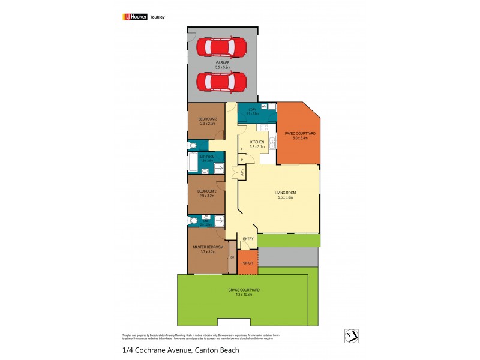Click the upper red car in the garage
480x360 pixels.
221,46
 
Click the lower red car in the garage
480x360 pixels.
221,80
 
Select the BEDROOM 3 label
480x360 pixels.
208,121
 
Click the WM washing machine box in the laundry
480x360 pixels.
264,106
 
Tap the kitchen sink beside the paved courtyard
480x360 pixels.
272,142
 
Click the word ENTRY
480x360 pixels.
247,239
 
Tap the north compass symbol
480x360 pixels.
351,336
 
